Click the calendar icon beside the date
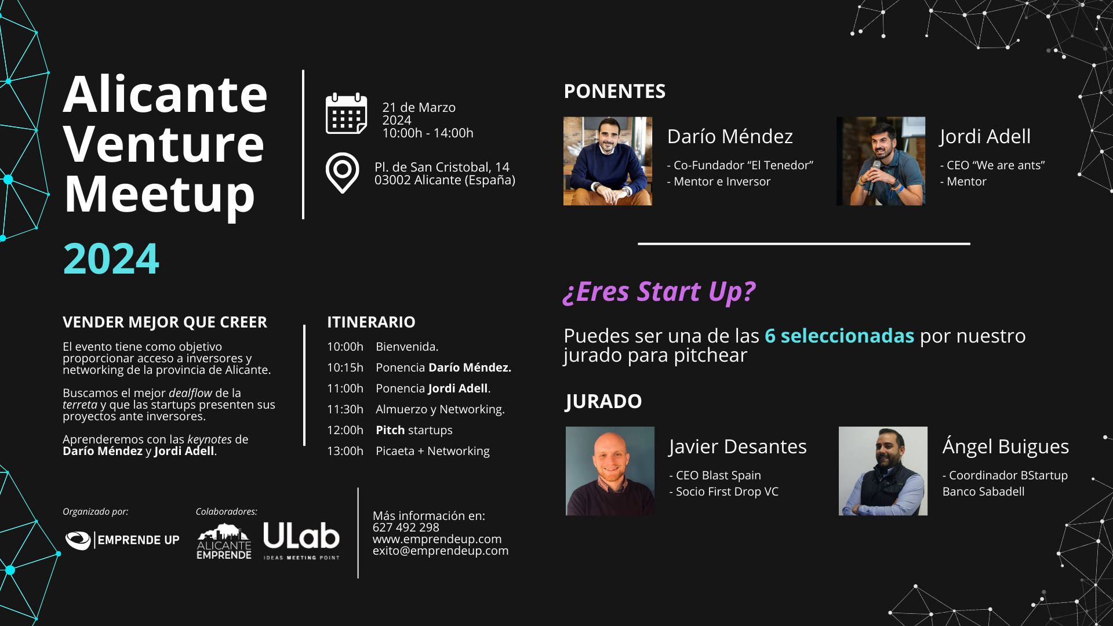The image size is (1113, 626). pyautogui.click(x=346, y=114)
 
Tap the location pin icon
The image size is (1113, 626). pyautogui.click(x=343, y=173)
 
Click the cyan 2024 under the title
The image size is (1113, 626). pyautogui.click(x=111, y=259)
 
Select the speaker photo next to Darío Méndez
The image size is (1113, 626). pyautogui.click(x=608, y=161)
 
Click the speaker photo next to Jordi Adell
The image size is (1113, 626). pyautogui.click(x=881, y=161)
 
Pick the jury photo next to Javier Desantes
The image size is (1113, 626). pyautogui.click(x=610, y=471)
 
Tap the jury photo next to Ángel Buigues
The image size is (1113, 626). pyautogui.click(x=883, y=471)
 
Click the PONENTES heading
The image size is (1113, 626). pyautogui.click(x=614, y=92)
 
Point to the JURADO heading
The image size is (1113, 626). pyautogui.click(x=603, y=401)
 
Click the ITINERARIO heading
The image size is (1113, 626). pyautogui.click(x=371, y=322)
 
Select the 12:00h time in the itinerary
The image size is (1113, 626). pyautogui.click(x=345, y=430)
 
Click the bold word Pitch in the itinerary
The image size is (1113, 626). pyautogui.click(x=390, y=430)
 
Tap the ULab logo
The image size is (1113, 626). pyautogui.click(x=301, y=540)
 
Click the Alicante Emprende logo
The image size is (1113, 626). pyautogui.click(x=224, y=542)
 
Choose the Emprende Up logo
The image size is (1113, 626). pyautogui.click(x=122, y=540)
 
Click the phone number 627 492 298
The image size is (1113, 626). pyautogui.click(x=406, y=527)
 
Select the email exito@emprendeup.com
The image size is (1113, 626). pyautogui.click(x=441, y=551)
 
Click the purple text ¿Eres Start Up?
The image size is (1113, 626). pyautogui.click(x=659, y=292)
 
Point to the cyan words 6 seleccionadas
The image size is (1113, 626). pyautogui.click(x=839, y=336)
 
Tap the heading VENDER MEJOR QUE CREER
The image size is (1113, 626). pyautogui.click(x=165, y=322)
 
